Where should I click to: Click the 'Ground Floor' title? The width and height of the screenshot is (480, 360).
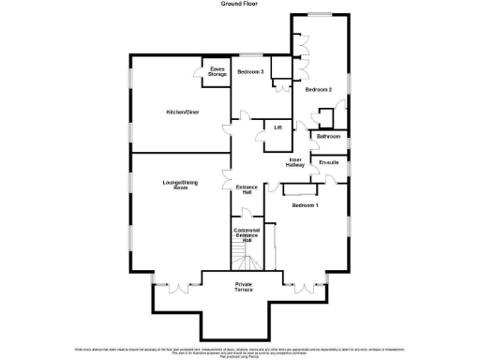pos(241,4)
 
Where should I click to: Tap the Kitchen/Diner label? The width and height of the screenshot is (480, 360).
pos(181,112)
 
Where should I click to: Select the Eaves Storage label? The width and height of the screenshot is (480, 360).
pos(217,71)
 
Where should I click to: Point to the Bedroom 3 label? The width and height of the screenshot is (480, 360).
pos(249,72)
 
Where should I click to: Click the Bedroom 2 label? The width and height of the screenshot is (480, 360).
pos(319,89)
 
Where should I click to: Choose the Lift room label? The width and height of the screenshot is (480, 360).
pos(277,127)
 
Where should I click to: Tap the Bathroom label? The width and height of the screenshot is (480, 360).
pos(328,137)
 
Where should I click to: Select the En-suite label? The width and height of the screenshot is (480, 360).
pos(328,162)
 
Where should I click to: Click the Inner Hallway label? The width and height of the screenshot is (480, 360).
pos(295,162)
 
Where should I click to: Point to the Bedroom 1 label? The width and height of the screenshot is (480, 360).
pos(305,204)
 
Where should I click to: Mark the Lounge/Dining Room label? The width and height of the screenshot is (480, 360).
pos(175,186)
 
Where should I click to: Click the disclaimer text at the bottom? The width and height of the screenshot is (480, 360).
pos(241,351)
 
